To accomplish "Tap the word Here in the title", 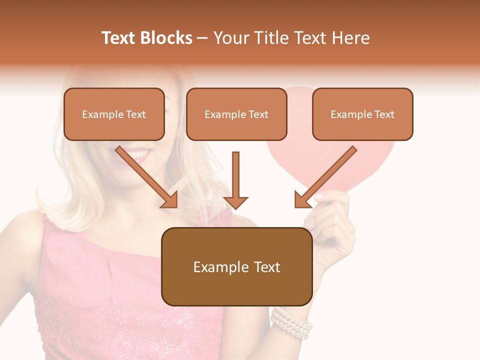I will (350, 38).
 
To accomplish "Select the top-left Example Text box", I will (114, 114).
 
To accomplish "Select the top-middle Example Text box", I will (236, 114).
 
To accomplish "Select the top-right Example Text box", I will (362, 114).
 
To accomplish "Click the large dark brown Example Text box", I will (236, 267).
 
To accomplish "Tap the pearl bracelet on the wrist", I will (291, 323).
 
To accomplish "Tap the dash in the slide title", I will (202, 38).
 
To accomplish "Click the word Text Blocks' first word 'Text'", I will (119, 38).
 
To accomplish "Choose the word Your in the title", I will (231, 38).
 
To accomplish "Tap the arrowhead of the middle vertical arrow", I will (235, 202).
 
